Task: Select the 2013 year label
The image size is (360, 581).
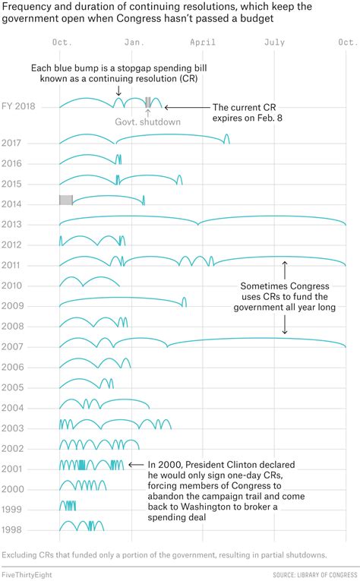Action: (x=11, y=224)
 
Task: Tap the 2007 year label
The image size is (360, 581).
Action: (x=11, y=346)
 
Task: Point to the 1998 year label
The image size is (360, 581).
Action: (x=11, y=529)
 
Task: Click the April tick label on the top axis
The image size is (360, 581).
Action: (x=203, y=43)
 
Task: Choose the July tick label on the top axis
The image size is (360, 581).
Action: (x=274, y=43)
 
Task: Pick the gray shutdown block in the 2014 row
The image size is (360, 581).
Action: (x=65, y=200)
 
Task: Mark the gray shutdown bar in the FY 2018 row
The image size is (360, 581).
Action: (x=148, y=102)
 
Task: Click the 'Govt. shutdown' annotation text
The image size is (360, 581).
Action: (x=147, y=122)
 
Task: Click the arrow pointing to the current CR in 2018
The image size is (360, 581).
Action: (x=171, y=107)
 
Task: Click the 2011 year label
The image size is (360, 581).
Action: (x=11, y=265)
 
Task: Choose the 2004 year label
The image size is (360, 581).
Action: (x=11, y=407)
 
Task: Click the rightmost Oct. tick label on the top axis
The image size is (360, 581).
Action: (x=346, y=43)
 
